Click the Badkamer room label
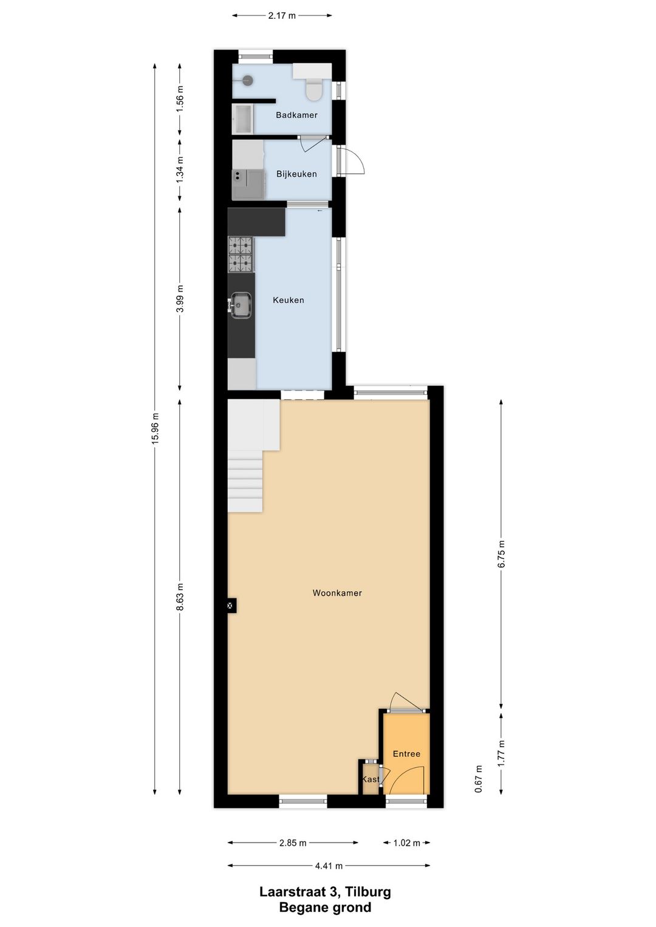(296, 115)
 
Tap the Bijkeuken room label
(296, 174)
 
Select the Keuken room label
(289, 300)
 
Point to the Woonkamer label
(337, 593)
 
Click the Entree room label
(406, 754)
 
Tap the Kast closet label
(371, 779)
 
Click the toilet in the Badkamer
(313, 89)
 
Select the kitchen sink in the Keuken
(241, 305)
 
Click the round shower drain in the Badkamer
(247, 80)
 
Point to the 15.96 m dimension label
(155, 428)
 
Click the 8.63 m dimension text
(180, 597)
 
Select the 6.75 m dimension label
(501, 554)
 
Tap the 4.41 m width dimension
(329, 866)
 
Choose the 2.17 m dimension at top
(282, 15)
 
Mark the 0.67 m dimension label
(479, 779)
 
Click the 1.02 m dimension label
(407, 843)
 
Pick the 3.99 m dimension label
(180, 299)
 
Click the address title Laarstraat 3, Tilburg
(325, 892)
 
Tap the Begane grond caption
(325, 908)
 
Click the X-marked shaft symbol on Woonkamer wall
(231, 605)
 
